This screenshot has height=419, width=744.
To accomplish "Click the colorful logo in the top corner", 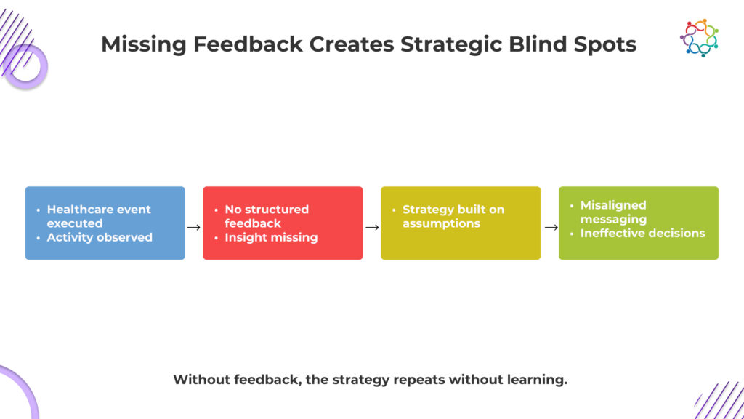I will pos(699,38).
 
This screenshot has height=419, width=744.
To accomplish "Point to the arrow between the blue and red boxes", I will pos(193,227).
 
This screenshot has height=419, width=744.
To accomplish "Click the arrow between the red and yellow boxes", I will pos(372,227).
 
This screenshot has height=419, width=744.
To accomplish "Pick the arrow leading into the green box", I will pos(550,227).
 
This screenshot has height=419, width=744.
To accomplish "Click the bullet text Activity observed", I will pos(100,237).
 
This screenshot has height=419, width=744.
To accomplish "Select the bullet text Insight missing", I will pos(271,237).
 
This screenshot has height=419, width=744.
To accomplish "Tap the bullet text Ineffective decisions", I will pos(642,233).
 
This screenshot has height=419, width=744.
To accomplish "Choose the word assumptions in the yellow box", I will pos(441,223).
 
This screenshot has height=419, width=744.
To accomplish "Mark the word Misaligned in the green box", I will pos(613,205).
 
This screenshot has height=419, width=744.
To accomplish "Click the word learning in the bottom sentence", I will pos(538,380).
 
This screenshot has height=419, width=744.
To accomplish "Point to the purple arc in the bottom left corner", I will pos(22,386).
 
